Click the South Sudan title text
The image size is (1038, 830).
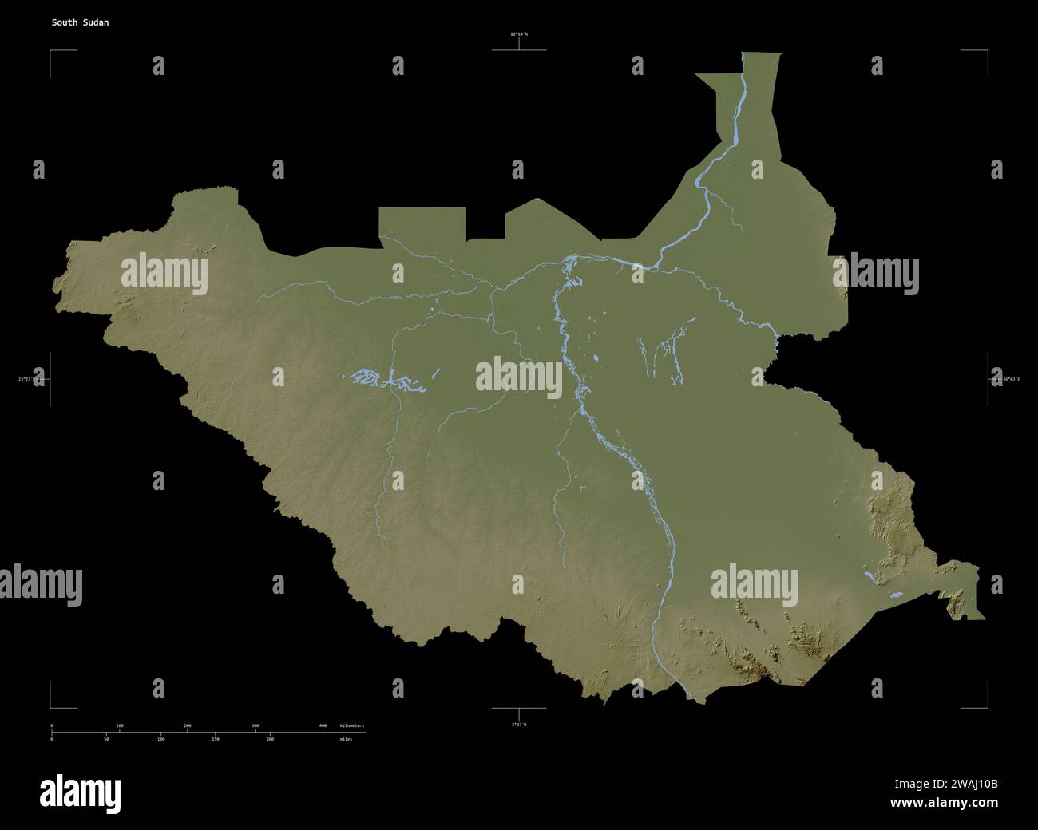tap(80, 22)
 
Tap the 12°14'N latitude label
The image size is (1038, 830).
tap(519, 34)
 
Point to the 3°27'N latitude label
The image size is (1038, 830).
tap(519, 724)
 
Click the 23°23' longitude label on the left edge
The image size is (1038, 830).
tap(32, 379)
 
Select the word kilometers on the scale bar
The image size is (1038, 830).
tap(352, 725)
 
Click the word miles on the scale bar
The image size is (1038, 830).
tap(345, 739)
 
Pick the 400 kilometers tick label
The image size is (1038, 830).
tap(323, 725)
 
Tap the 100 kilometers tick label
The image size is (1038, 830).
tap(120, 725)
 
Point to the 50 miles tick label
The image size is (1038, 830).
tap(106, 739)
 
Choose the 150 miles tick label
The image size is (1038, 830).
tap(216, 739)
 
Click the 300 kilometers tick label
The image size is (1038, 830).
tap(256, 725)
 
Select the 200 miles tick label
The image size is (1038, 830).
tap(270, 739)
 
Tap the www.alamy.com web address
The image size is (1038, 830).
tap(944, 803)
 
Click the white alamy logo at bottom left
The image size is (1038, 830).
tap(80, 792)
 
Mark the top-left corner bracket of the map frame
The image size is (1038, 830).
tap(51, 51)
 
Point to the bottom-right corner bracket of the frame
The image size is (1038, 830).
tap(987, 707)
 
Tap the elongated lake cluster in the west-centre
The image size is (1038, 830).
tap(383, 378)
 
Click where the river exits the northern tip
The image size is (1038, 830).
tap(744, 54)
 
